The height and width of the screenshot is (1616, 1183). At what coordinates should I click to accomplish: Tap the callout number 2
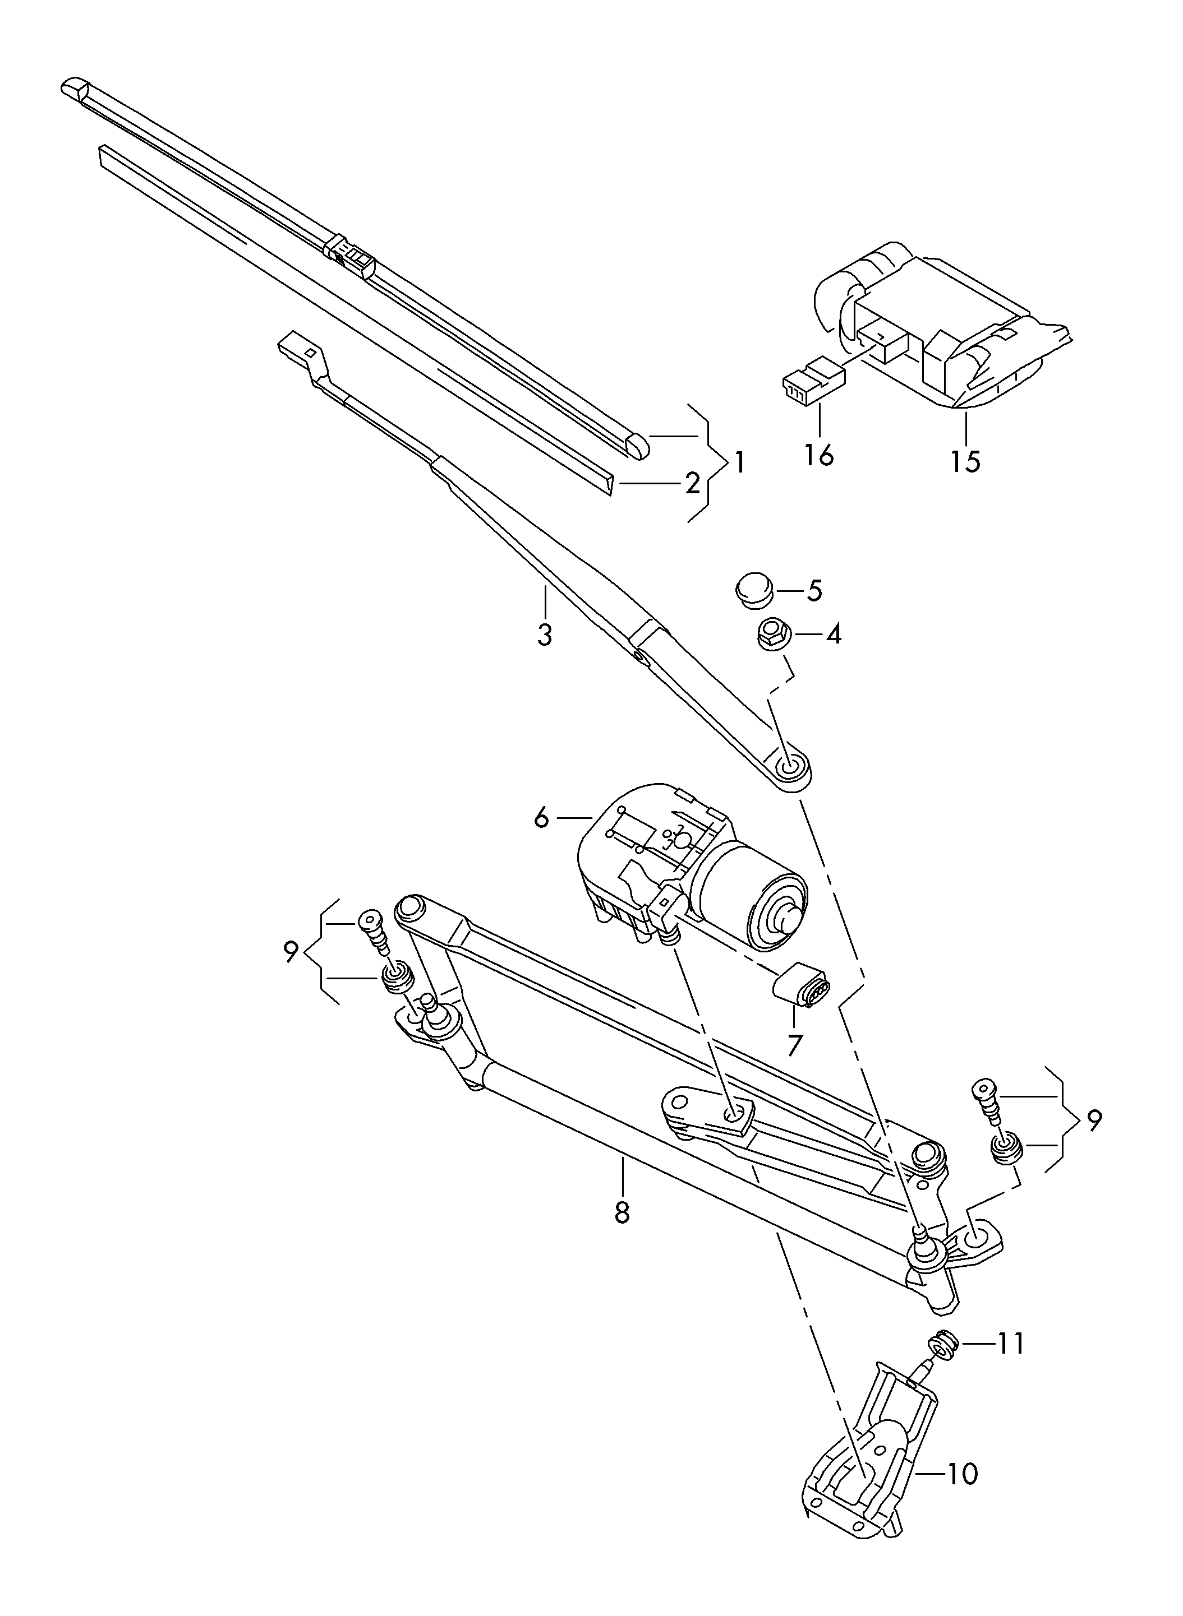coord(692,484)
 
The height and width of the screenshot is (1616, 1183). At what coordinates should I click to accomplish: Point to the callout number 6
coord(541,817)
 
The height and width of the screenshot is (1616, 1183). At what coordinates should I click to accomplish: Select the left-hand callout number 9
coord(290,952)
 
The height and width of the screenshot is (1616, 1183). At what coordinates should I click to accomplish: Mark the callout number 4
coord(833,634)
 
